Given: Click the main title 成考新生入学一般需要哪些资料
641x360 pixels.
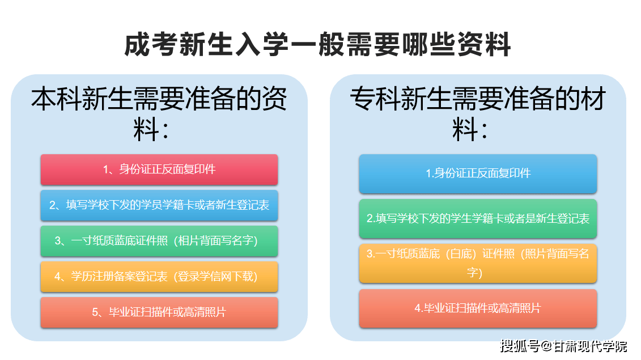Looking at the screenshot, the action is (x=317, y=44).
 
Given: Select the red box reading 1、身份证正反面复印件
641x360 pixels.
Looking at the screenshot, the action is (x=159, y=170).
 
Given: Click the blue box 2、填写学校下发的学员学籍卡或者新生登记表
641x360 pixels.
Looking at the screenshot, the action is (x=159, y=205).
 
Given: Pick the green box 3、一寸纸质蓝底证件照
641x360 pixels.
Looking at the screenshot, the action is (x=159, y=241).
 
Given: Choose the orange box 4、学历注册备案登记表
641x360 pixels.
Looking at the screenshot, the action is (x=159, y=277).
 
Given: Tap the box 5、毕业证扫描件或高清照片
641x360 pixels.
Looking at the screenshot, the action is (x=159, y=312).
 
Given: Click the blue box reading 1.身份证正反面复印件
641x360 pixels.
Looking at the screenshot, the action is (x=478, y=173).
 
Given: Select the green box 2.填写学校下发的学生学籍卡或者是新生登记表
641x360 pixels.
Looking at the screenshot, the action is (x=478, y=218).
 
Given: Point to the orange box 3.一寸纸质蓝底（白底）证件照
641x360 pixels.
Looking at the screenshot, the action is (x=478, y=263).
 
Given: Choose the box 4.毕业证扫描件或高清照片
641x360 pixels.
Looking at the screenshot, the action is (x=478, y=308).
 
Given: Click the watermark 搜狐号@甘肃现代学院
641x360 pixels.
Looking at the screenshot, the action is (x=564, y=346).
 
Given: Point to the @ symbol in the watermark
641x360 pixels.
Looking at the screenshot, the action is (x=546, y=346).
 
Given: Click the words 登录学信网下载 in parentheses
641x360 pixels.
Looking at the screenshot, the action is (x=215, y=277).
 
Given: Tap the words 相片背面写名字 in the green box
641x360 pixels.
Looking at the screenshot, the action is (x=215, y=241).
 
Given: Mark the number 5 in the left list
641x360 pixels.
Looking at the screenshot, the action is (x=95, y=312).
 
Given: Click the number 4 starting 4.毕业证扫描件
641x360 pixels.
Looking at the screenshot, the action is (x=418, y=308).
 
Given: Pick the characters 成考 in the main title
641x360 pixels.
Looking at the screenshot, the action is (x=151, y=44).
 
